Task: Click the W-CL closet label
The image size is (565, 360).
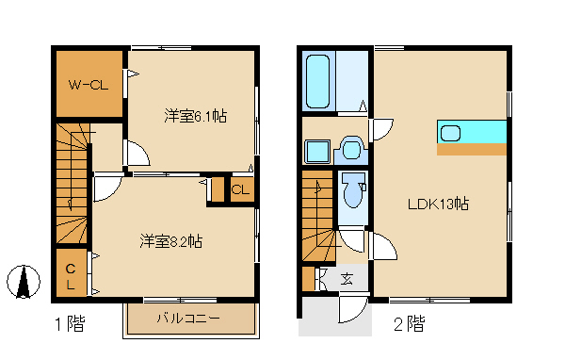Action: (x=89, y=85)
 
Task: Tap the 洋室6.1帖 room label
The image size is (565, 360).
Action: (x=196, y=116)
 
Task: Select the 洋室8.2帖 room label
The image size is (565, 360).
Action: (x=171, y=241)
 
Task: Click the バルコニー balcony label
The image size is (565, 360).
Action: (x=188, y=319)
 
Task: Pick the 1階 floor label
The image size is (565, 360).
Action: (x=69, y=325)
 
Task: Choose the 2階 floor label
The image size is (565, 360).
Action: (x=408, y=325)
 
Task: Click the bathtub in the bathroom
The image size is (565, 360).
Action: (x=319, y=82)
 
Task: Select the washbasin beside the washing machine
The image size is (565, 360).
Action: (x=352, y=148)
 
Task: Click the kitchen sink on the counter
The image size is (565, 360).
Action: (x=450, y=132)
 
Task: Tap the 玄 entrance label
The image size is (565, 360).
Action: (x=347, y=279)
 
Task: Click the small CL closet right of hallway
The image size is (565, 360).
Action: (x=241, y=188)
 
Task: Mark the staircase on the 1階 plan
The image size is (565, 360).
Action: (x=72, y=184)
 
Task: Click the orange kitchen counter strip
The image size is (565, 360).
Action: (x=472, y=149)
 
